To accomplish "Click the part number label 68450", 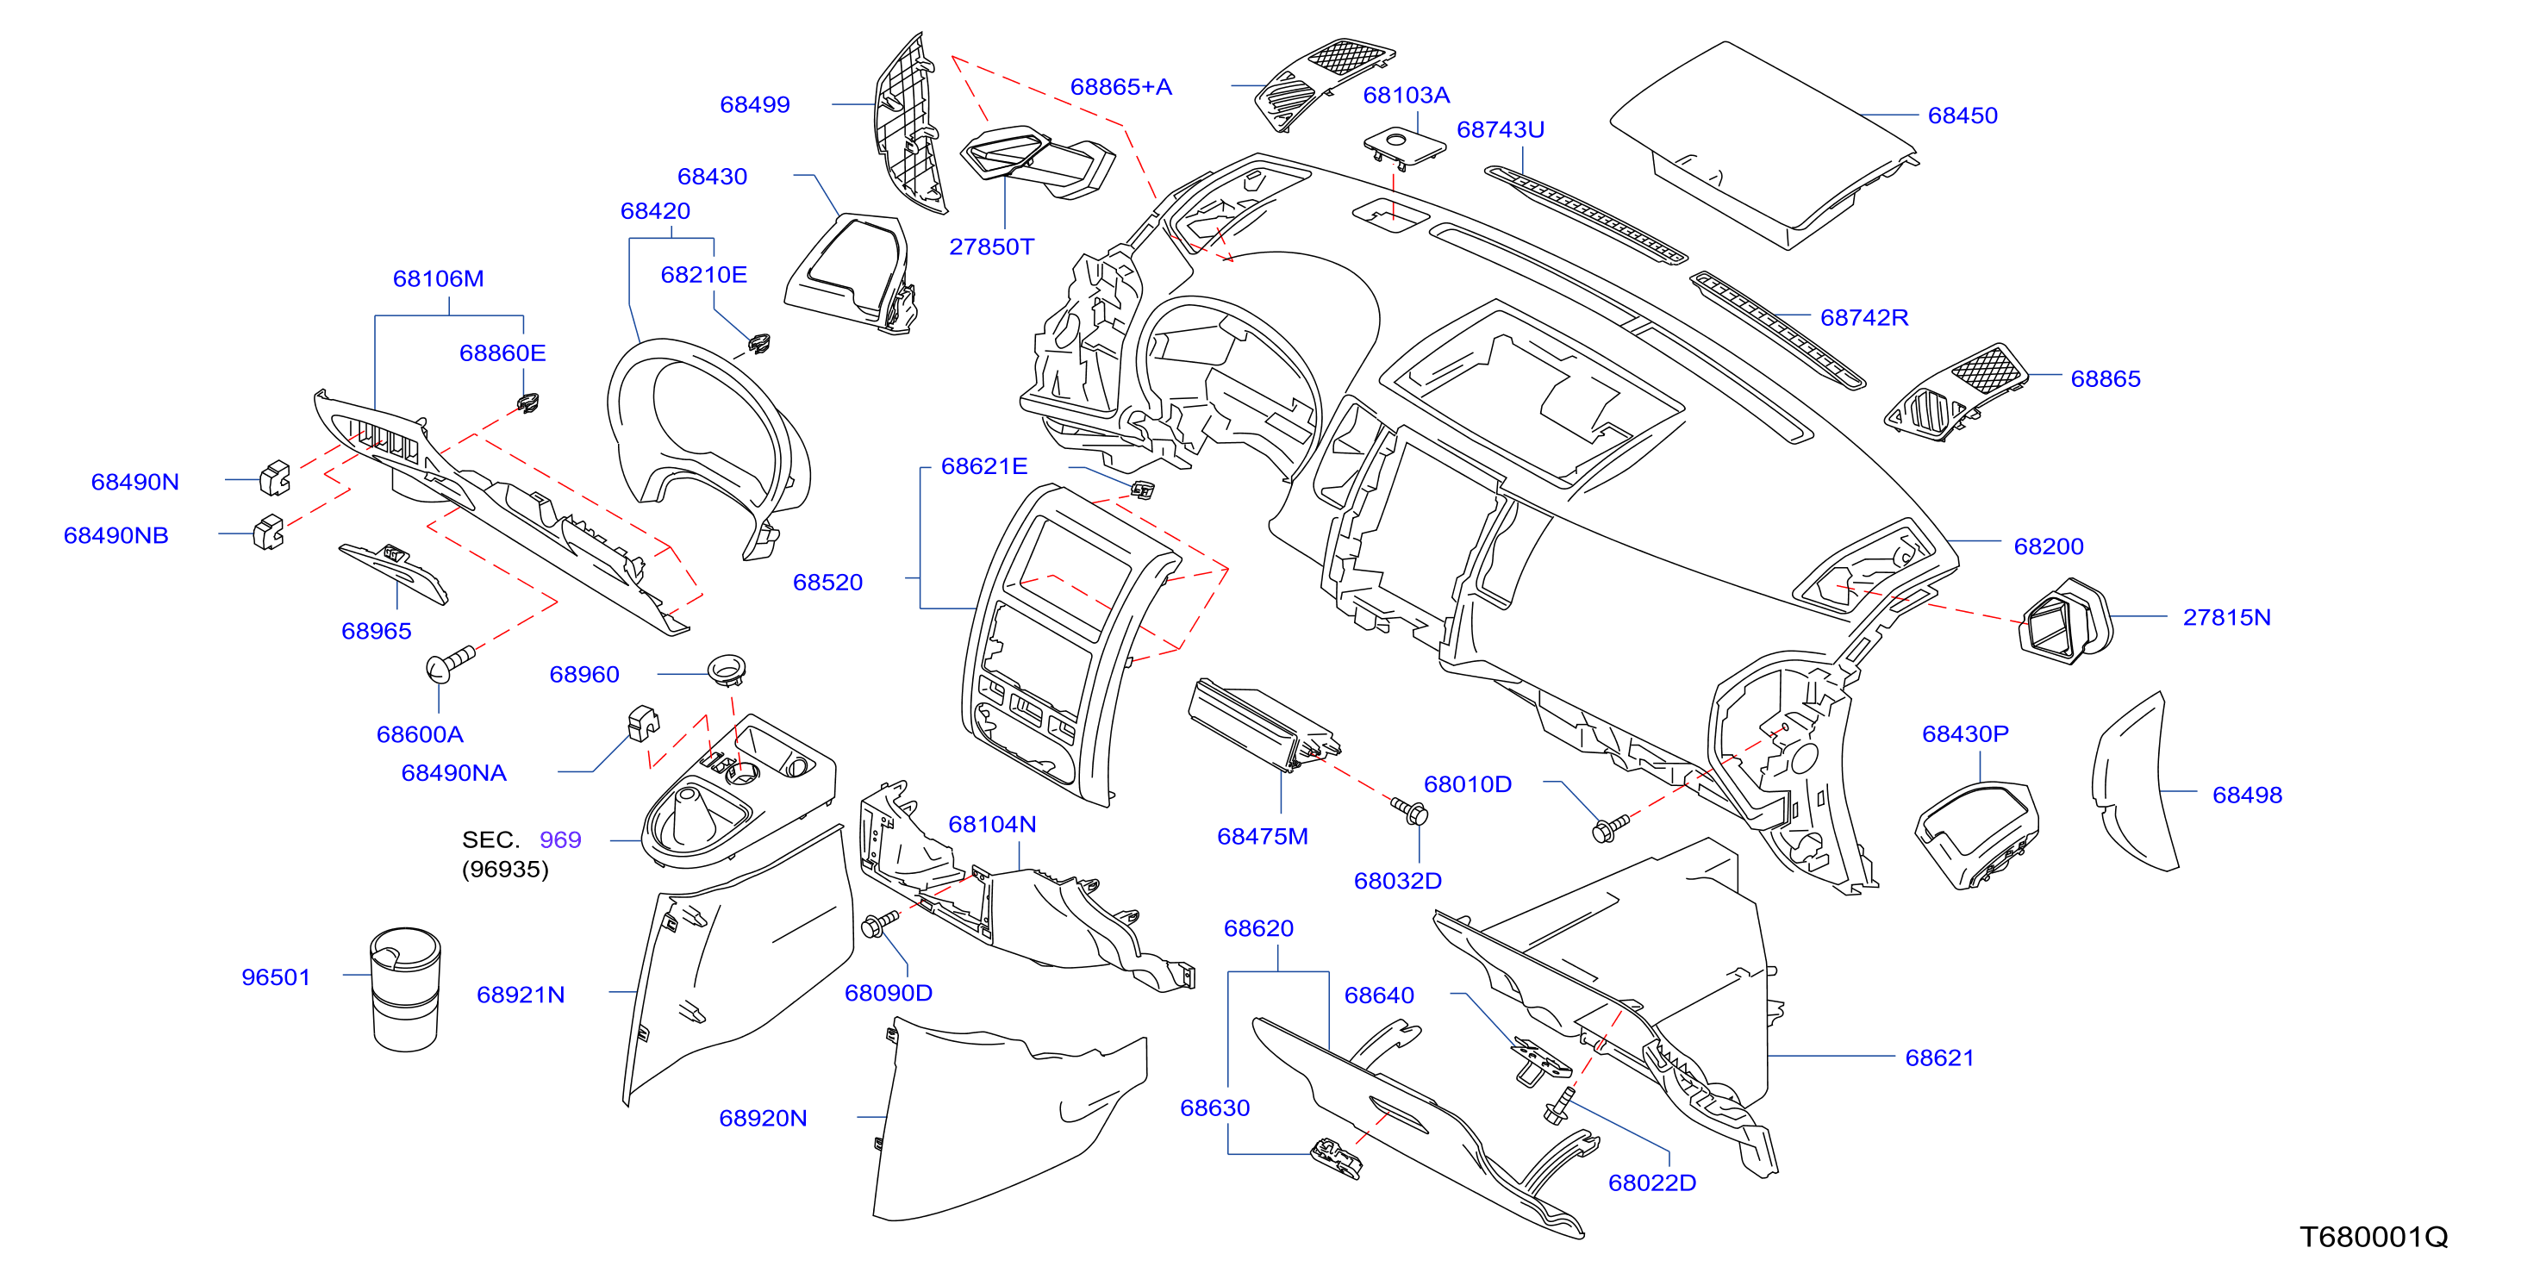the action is (1962, 115).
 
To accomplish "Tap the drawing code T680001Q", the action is (2373, 1237).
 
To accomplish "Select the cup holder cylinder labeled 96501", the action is (405, 989).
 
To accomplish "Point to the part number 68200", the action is (2049, 546).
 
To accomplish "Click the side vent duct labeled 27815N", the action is (2063, 621).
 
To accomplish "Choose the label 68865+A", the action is (1120, 87).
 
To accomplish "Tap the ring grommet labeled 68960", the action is (727, 668).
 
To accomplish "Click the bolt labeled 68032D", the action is (1412, 812).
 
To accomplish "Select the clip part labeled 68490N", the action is (275, 477).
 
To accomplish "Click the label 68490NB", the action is (115, 536).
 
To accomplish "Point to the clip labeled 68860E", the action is (529, 402).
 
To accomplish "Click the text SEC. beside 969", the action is (490, 840).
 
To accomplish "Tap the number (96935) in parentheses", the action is (505, 870).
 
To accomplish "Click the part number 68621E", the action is (983, 466).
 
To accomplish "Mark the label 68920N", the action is (762, 1119).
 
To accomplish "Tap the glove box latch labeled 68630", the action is (1335, 1158).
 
